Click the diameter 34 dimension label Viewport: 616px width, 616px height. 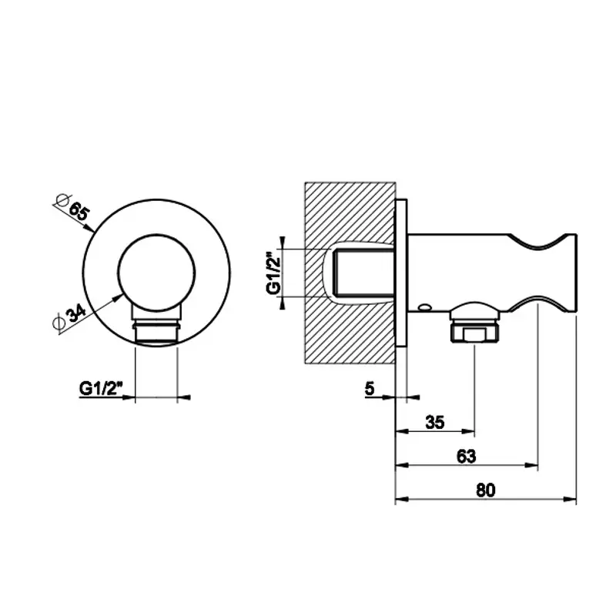point(70,317)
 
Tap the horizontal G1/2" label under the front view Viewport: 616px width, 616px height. point(101,389)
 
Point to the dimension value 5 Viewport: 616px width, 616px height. point(370,389)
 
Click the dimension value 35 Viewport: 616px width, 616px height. point(435,422)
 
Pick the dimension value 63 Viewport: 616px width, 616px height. point(467,456)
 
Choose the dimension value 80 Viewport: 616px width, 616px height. point(486,490)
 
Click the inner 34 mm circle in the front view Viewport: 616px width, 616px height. point(156,273)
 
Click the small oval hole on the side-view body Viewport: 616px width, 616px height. point(425,306)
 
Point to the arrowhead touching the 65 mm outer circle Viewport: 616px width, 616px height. point(89,227)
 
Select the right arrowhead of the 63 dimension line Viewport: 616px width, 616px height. point(531,466)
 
